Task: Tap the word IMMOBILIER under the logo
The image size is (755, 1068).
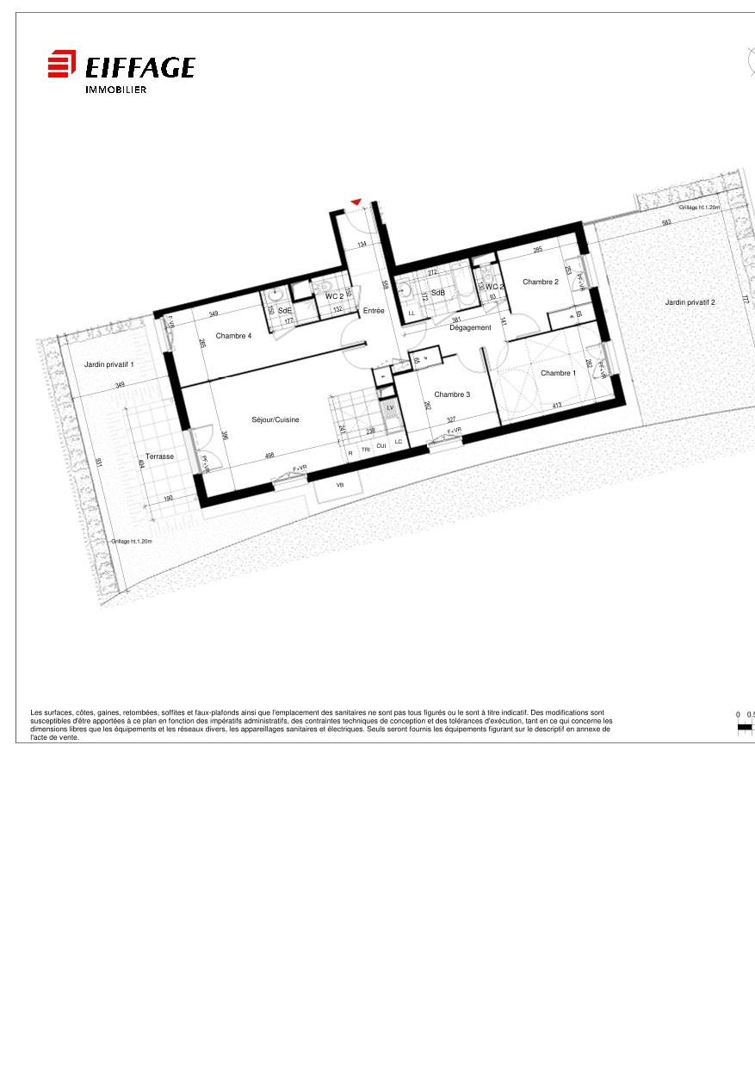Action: click(115, 90)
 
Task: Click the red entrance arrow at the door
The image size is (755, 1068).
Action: click(356, 202)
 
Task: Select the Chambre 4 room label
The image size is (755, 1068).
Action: click(233, 336)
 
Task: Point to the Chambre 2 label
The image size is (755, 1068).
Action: click(541, 282)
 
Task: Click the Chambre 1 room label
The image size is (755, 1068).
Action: click(558, 373)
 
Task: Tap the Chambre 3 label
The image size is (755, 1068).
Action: click(452, 394)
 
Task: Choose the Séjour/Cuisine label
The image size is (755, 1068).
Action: click(275, 419)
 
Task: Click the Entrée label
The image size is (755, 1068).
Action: click(374, 311)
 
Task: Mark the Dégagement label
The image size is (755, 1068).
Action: click(470, 328)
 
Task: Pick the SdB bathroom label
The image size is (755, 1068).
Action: click(438, 293)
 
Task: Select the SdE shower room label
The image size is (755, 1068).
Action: click(285, 310)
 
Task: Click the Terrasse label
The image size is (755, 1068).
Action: click(159, 456)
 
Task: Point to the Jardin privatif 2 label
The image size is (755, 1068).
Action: click(690, 302)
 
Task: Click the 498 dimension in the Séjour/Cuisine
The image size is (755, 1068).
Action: click(269, 455)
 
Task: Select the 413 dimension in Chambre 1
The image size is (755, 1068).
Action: click(557, 405)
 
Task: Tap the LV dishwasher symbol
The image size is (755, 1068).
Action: click(390, 407)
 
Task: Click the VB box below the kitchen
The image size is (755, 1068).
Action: click(339, 486)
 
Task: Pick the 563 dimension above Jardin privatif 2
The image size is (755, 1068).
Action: click(666, 222)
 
